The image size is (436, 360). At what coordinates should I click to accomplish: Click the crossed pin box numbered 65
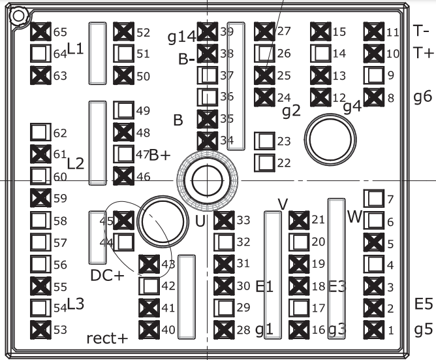40,32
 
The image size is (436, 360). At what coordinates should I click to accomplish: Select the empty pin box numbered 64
40,54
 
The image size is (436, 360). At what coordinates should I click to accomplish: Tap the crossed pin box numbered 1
374,330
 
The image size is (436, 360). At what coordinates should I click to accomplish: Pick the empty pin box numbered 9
374,75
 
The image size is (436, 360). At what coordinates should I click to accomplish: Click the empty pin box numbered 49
123,110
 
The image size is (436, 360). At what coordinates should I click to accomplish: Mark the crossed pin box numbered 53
40,330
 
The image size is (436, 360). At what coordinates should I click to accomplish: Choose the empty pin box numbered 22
264,163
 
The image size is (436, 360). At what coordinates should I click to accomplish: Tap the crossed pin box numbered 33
224,220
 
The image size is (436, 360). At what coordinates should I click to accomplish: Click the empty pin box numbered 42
149,286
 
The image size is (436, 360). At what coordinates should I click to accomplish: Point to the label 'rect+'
107,338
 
